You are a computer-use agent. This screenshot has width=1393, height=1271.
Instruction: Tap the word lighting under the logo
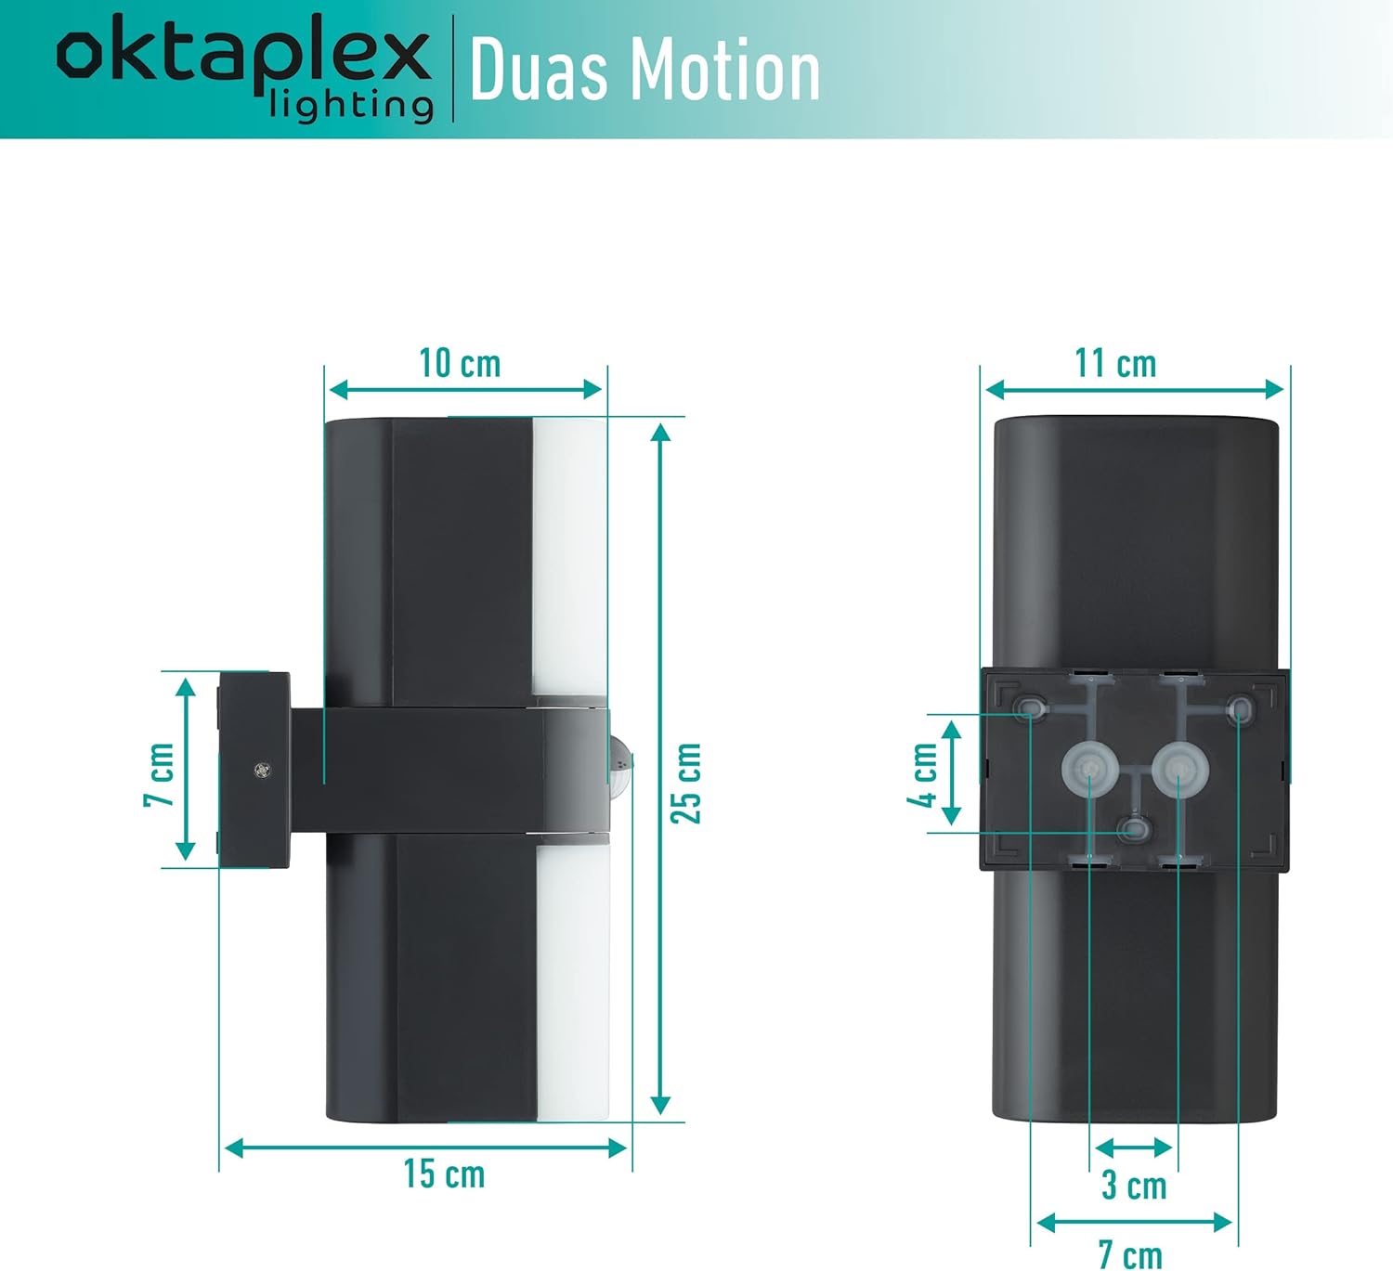(351, 105)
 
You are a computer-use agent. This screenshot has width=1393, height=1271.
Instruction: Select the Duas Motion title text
(644, 71)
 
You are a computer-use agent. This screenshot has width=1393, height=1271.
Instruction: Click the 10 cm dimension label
(460, 363)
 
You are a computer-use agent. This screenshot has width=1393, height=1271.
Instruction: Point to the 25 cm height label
(687, 783)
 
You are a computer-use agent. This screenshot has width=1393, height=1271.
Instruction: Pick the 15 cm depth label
(444, 1174)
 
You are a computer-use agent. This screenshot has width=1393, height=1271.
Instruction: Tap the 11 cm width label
(1115, 363)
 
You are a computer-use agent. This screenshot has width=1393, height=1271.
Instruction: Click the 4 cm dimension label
(924, 774)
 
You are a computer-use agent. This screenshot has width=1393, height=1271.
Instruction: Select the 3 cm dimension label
(1133, 1186)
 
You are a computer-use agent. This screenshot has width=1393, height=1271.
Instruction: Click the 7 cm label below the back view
(1130, 1254)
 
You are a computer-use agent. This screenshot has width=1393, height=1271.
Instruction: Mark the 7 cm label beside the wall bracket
(160, 774)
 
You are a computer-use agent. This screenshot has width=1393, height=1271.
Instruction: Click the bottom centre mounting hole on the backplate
(1132, 829)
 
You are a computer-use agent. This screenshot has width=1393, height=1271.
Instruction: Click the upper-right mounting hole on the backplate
(1239, 711)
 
